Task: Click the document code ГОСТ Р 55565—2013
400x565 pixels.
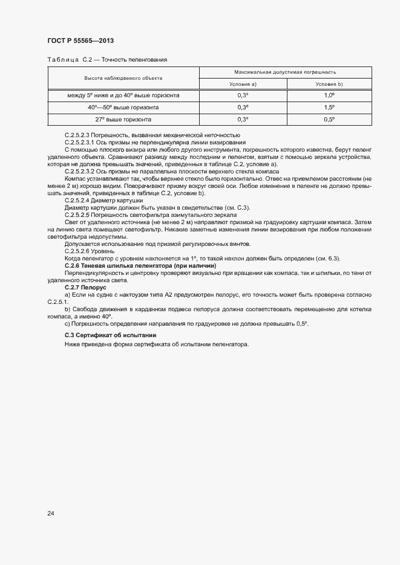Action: click(x=80, y=40)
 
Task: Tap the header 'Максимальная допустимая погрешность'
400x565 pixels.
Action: click(x=285, y=72)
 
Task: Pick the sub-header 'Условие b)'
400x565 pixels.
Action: click(x=329, y=84)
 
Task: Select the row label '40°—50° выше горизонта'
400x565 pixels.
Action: click(x=123, y=107)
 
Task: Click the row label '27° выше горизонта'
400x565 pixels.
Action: click(x=123, y=119)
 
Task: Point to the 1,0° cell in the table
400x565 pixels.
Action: click(x=329, y=95)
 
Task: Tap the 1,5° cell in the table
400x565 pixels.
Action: click(x=329, y=107)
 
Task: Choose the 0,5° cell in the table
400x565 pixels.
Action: click(x=329, y=119)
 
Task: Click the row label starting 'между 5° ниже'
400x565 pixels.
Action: click(x=123, y=95)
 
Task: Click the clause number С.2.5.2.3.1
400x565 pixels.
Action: click(x=80, y=142)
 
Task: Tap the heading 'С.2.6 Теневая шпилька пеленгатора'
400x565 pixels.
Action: click(x=132, y=266)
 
